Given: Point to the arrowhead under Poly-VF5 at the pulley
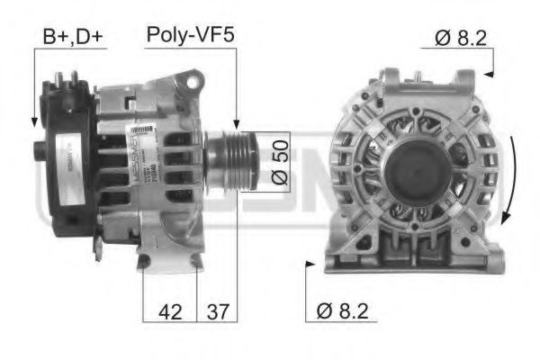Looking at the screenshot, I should point(237,125).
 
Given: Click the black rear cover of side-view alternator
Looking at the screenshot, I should point(67,153).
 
